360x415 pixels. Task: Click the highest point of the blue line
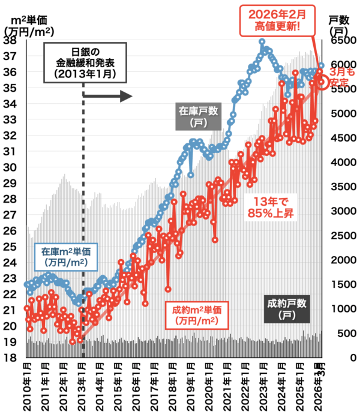(262, 41)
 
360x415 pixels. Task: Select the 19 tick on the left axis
(10, 342)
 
